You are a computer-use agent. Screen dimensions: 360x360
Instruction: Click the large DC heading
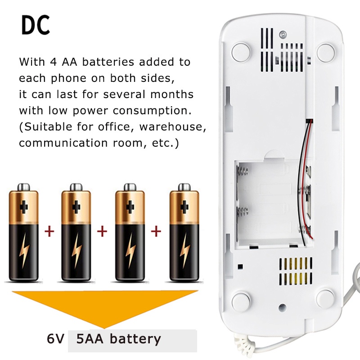point(36,26)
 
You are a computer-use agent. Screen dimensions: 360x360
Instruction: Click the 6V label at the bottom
point(55,339)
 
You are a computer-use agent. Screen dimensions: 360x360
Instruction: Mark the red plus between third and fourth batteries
point(156,232)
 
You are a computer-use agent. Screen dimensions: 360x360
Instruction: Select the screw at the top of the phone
point(282,34)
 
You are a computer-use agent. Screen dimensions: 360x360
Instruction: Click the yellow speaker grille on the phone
point(296,272)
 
